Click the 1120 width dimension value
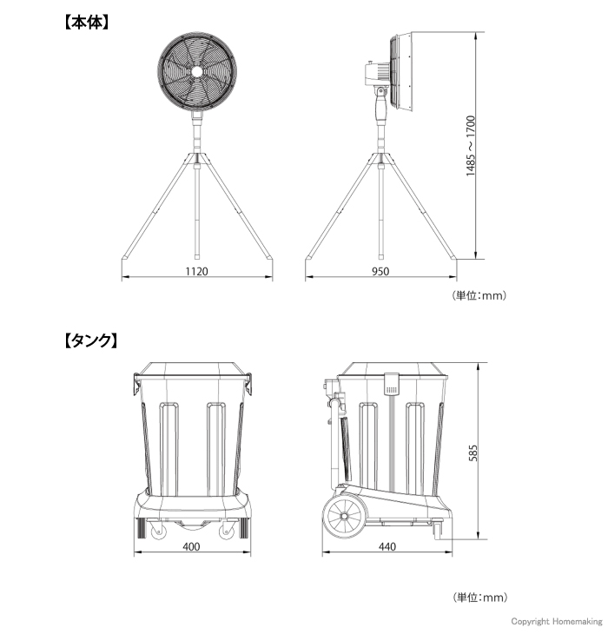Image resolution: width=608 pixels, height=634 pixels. [196, 271]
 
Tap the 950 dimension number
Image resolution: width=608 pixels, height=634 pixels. [380, 271]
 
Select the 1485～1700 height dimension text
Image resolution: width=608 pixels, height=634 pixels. [471, 146]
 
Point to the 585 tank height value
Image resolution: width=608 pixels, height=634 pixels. [473, 452]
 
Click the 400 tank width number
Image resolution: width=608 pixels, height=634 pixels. [191, 546]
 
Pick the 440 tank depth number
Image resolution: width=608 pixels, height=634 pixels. [387, 546]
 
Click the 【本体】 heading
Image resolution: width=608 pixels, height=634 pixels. [87, 23]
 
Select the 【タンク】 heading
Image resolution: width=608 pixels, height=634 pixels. [91, 340]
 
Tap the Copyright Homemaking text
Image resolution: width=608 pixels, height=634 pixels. [556, 621]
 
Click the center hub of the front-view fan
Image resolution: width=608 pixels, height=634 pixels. [197, 72]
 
